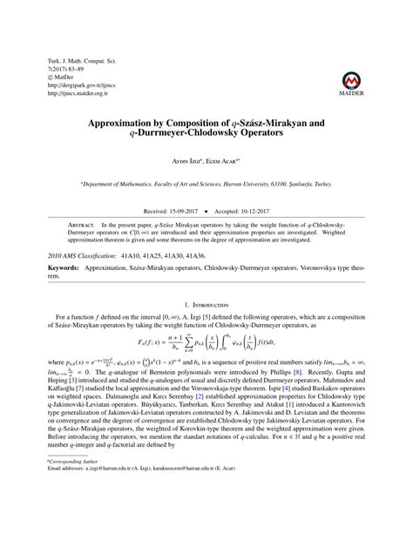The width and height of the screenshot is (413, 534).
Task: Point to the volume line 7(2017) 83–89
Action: pos(70,70)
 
